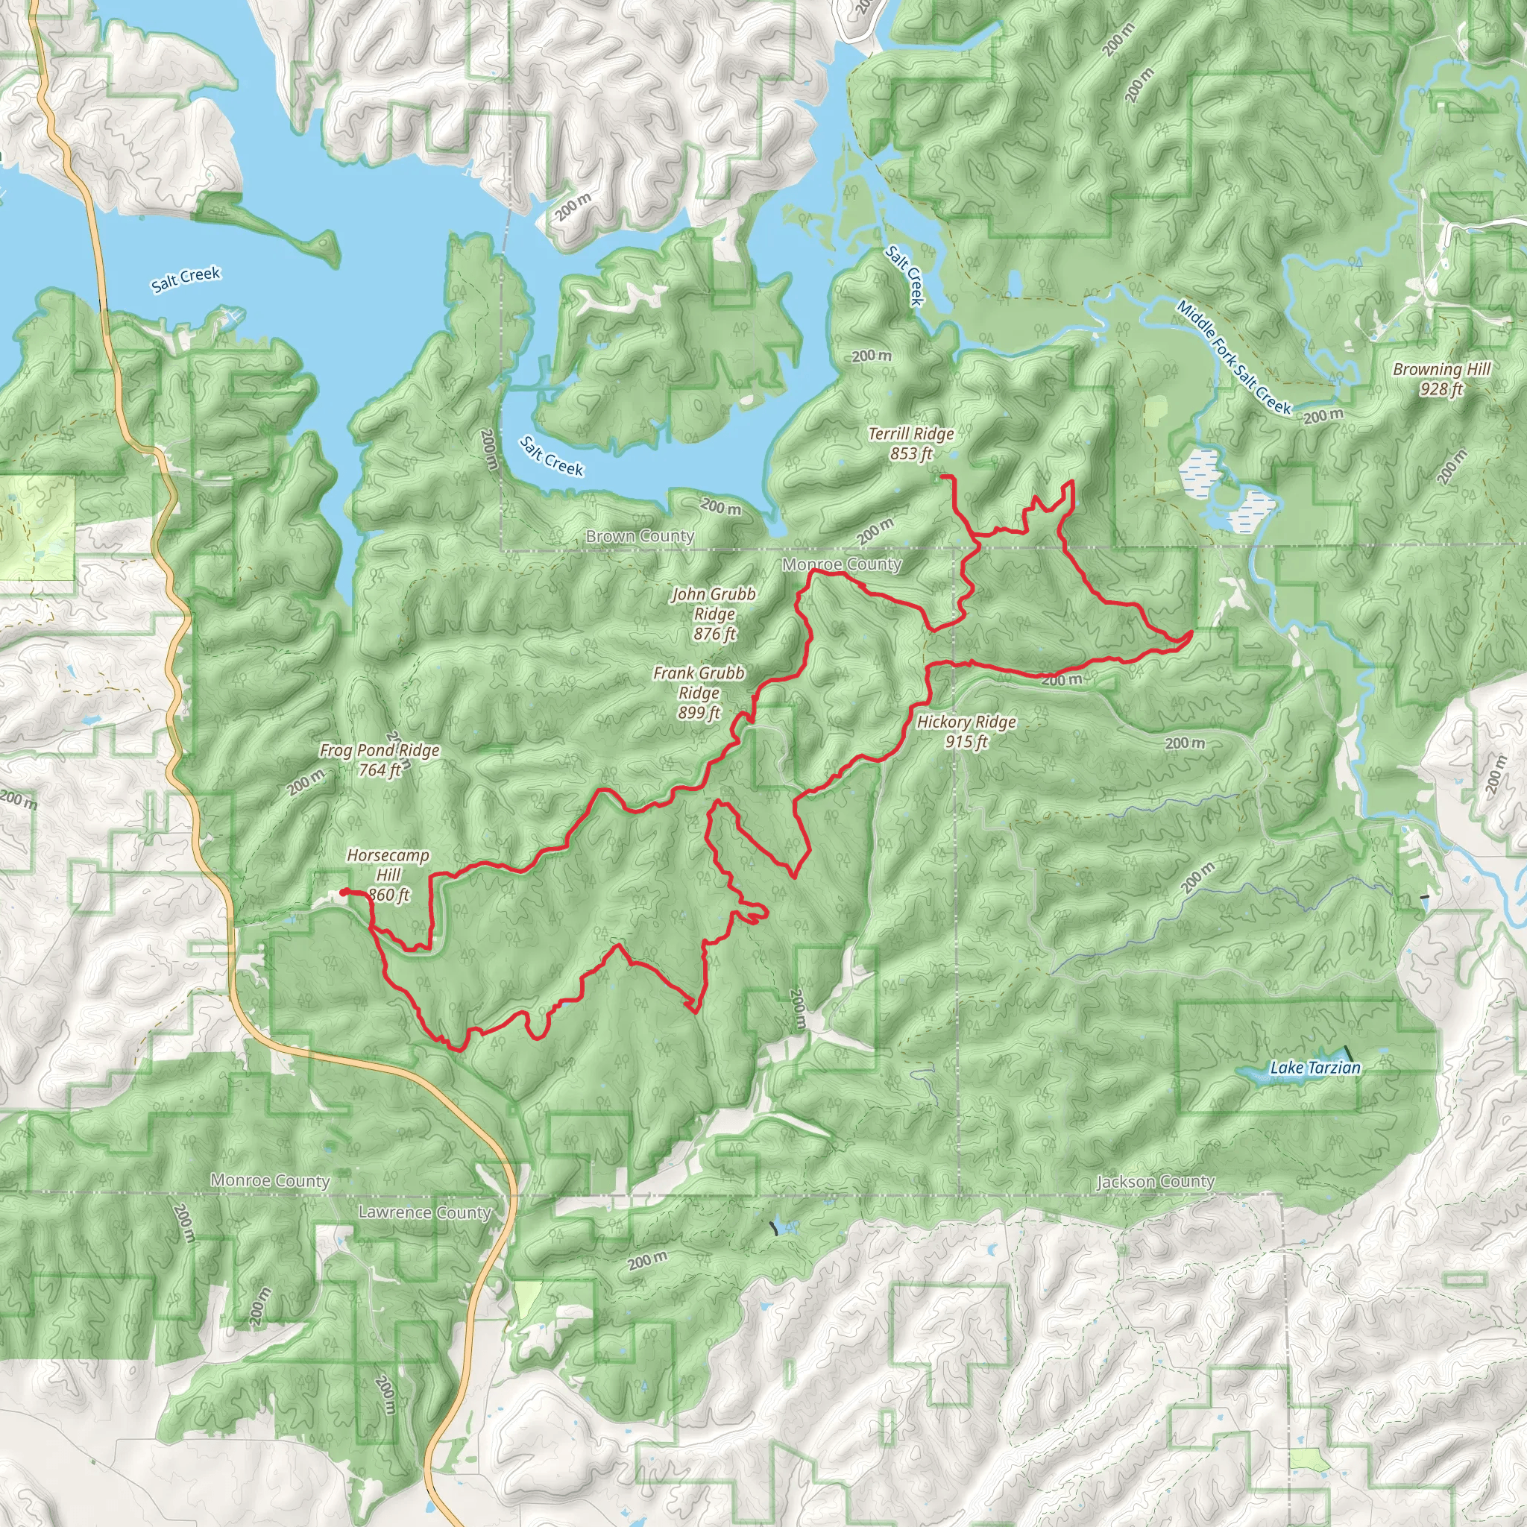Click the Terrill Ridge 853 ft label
[910, 444]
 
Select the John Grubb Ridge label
[714, 614]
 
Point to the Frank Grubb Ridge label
[699, 693]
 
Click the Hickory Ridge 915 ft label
[966, 731]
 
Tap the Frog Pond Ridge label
[380, 760]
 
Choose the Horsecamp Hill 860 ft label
[388, 875]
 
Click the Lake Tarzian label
[1315, 1068]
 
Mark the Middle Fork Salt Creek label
[1232, 357]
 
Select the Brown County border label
[640, 536]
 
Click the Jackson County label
[1155, 1181]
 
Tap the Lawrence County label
[424, 1212]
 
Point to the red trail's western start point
[343, 892]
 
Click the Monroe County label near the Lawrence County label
[269, 1180]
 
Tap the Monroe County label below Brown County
[841, 564]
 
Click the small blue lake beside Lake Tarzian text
[1250, 1072]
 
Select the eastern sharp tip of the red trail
[1191, 633]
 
